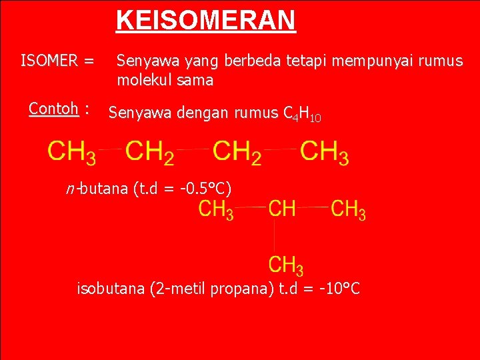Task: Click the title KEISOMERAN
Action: tap(205, 20)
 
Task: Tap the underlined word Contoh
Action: tap(54, 108)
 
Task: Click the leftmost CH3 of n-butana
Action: tap(71, 152)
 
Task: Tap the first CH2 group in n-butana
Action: tap(150, 152)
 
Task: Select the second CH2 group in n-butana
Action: tap(237, 152)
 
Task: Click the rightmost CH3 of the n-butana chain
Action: tap(324, 152)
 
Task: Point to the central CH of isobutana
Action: tap(282, 209)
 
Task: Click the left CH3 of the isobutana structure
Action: tap(216, 209)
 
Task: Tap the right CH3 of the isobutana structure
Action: tap(348, 209)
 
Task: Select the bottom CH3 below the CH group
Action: tap(286, 265)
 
